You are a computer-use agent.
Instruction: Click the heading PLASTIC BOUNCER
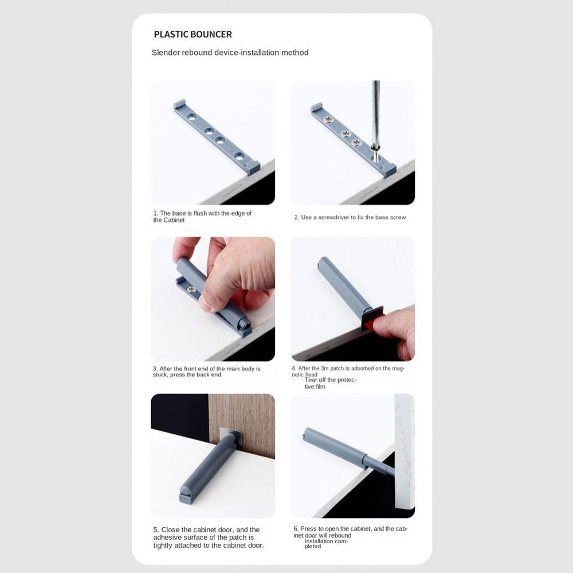click(x=193, y=34)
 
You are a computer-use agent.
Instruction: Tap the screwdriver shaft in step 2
click(x=376, y=115)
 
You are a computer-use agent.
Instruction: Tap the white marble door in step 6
click(x=403, y=447)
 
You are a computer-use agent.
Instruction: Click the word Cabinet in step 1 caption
click(x=173, y=220)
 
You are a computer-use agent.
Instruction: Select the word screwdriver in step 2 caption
click(x=344, y=218)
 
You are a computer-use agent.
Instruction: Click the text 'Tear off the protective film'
click(x=330, y=383)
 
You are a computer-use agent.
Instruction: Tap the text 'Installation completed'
click(x=325, y=544)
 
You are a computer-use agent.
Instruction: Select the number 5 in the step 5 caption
click(x=155, y=530)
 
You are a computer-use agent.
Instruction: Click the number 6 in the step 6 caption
click(x=295, y=529)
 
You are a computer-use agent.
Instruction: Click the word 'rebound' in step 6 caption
click(x=340, y=536)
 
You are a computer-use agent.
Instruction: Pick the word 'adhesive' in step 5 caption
click(x=168, y=537)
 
